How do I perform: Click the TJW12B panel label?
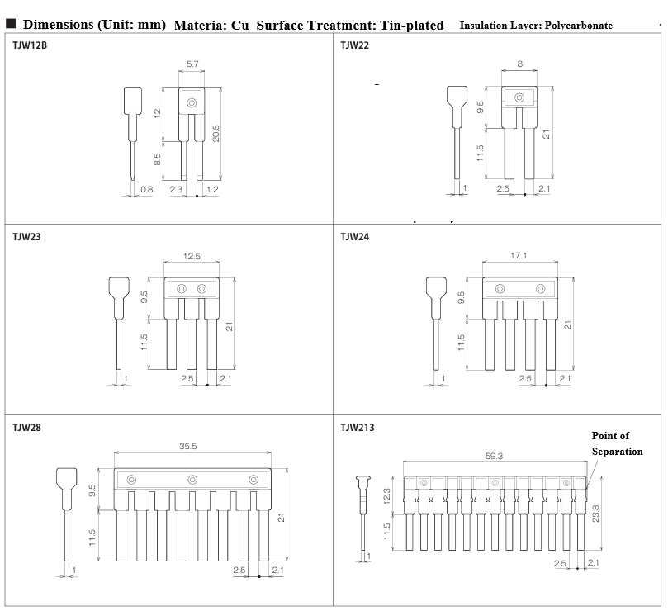[x=30, y=45]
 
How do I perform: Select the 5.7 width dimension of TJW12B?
[x=192, y=64]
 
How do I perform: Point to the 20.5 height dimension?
[x=216, y=133]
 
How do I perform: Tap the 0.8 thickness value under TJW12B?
[x=146, y=189]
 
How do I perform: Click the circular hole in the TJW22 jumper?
[x=519, y=97]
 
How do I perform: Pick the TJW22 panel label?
[x=354, y=45]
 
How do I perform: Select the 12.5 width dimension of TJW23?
[x=192, y=256]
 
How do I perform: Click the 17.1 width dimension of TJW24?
[x=519, y=255]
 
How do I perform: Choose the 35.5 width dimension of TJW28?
[x=188, y=446]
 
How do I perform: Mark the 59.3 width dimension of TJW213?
[x=494, y=456]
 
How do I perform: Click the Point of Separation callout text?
[x=617, y=443]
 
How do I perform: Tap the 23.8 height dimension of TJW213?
[x=595, y=514]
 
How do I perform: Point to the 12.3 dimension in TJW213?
[x=386, y=496]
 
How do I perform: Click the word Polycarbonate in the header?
[x=579, y=25]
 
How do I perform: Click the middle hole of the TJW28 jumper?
[x=192, y=480]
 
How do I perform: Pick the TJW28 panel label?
[x=26, y=428]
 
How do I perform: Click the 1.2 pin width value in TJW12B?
[x=212, y=189]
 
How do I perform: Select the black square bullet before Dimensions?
[x=11, y=23]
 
